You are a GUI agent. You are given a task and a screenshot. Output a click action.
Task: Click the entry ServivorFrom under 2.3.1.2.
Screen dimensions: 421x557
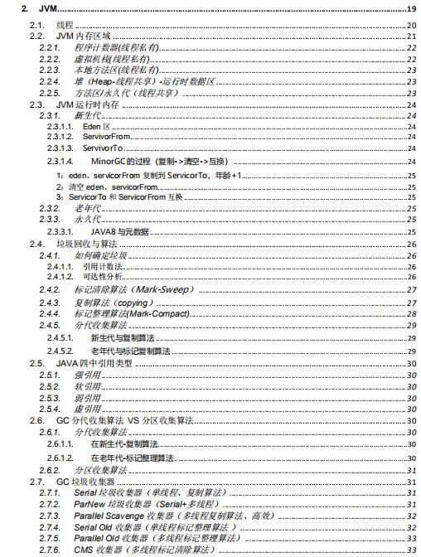pyautogui.click(x=107, y=136)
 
